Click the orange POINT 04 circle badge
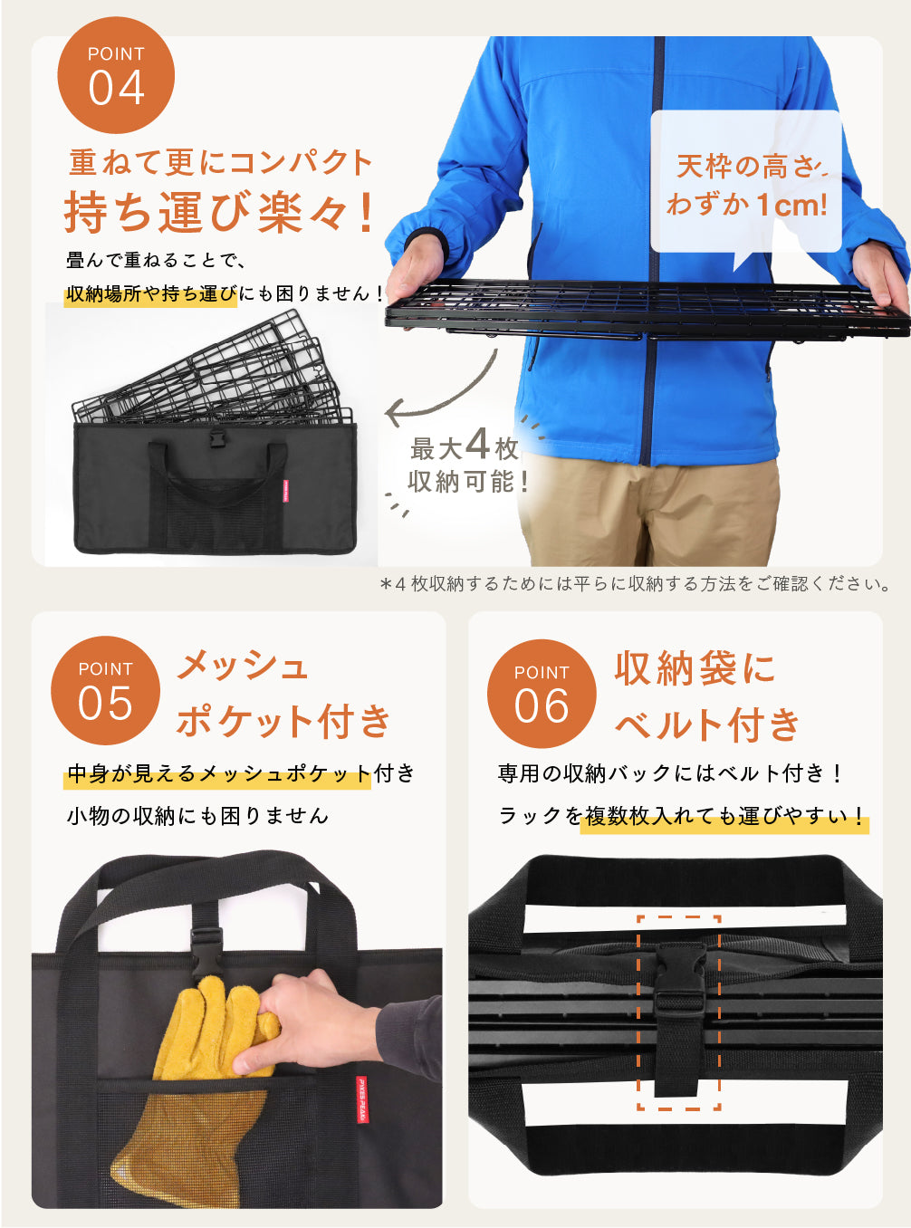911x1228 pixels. pyautogui.click(x=116, y=75)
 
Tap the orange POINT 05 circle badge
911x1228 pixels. pyautogui.click(x=105, y=690)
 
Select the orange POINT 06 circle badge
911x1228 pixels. pyautogui.click(x=542, y=694)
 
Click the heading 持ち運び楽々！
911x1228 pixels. pyautogui.click(x=219, y=213)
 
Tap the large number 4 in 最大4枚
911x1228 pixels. pyautogui.click(x=477, y=445)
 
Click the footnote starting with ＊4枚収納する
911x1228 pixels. pyautogui.click(x=636, y=584)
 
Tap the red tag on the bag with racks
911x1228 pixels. pyautogui.click(x=286, y=491)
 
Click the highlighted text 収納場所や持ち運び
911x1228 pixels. pyautogui.click(x=150, y=294)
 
